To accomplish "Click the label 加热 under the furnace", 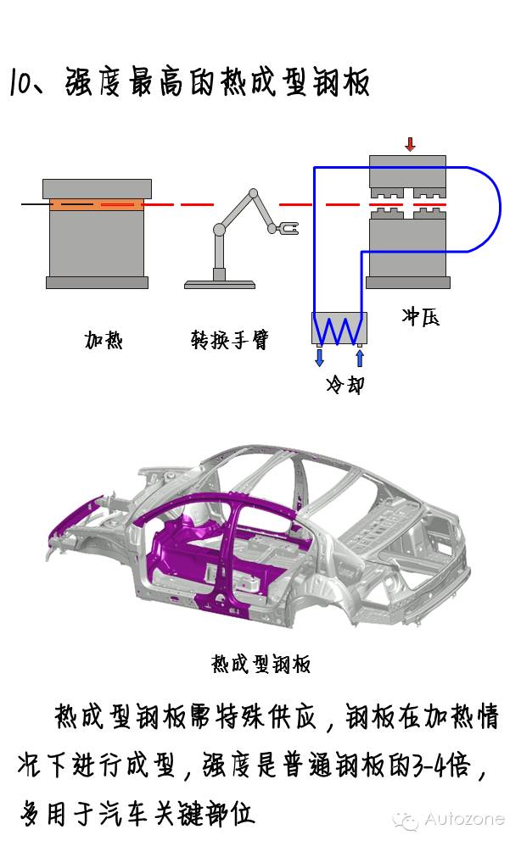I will click(x=104, y=340).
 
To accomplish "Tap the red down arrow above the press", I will click(x=410, y=143).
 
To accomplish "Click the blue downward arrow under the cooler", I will click(x=319, y=357).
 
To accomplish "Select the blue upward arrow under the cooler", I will click(x=360, y=357).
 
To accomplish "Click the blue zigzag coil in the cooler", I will click(x=339, y=328).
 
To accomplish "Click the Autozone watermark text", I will click(x=463, y=820).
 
